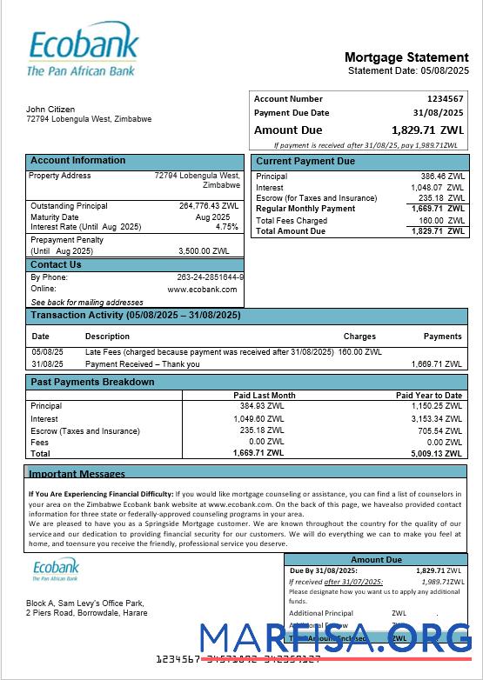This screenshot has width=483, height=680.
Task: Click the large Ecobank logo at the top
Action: [x=83, y=51]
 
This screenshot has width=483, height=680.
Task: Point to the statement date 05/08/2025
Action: [x=444, y=70]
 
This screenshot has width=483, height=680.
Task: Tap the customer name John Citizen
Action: [x=50, y=110]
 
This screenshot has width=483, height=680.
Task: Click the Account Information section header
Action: [x=78, y=161]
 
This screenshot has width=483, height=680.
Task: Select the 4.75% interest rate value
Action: [x=226, y=227]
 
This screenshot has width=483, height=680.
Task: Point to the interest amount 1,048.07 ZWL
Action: [x=438, y=187]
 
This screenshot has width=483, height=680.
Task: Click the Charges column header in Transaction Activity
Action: [x=359, y=336]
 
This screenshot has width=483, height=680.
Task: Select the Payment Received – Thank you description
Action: [x=142, y=364]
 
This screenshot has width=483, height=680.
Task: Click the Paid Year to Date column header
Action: [x=429, y=396]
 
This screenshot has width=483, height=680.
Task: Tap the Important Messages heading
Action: [x=77, y=474]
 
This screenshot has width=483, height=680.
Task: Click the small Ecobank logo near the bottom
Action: [x=56, y=570]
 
